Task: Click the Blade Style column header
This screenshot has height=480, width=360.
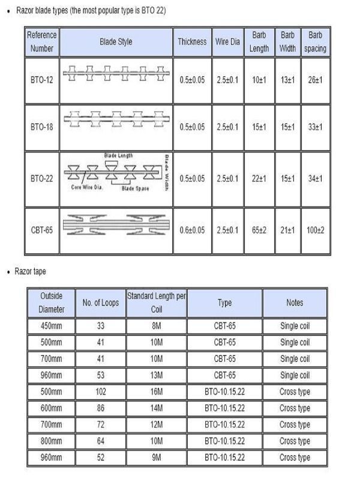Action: coord(116,42)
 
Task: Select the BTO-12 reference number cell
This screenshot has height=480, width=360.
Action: coord(41,80)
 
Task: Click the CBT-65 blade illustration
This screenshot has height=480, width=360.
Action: coord(116,224)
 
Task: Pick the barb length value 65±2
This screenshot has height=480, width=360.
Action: coord(259,230)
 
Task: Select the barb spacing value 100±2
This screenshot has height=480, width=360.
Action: coord(315,230)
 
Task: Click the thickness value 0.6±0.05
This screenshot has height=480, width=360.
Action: coord(192,230)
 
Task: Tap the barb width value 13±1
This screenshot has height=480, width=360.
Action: coord(287,80)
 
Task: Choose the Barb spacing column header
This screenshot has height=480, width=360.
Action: coord(315,42)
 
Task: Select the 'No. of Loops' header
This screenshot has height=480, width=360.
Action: coord(101,303)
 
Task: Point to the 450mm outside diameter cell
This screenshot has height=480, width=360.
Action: coord(51,326)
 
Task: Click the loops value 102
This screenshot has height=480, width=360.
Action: coord(101,392)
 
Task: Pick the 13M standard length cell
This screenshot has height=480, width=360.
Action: coord(156,376)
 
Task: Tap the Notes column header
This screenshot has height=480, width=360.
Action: coord(295,303)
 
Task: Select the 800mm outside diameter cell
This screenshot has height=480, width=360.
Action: coord(51,441)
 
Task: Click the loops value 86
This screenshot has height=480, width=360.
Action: coord(101,408)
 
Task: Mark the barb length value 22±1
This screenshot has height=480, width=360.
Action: coord(259,178)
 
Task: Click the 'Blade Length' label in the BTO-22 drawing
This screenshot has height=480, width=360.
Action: coord(118,156)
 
